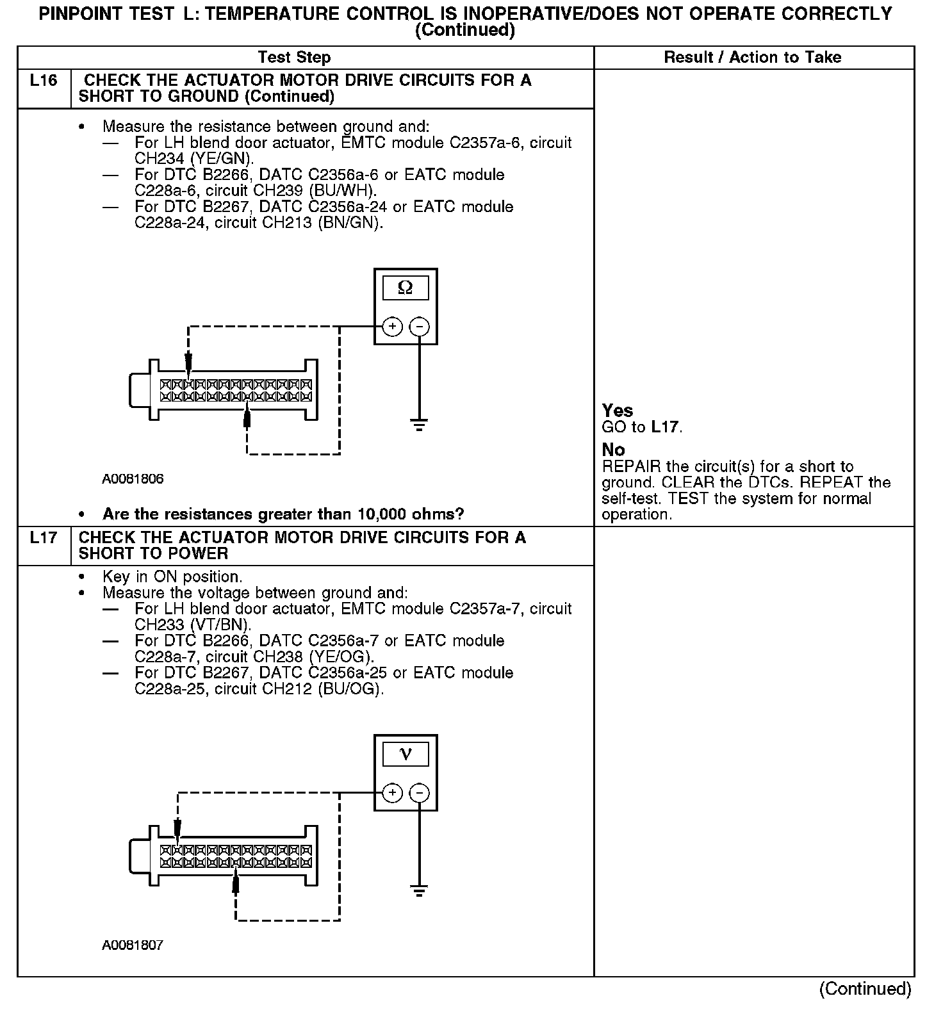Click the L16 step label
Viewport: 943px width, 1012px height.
pos(44,81)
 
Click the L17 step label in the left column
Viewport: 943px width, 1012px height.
pos(44,537)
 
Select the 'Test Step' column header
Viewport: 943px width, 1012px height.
pos(294,58)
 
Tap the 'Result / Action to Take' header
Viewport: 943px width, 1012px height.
pos(752,58)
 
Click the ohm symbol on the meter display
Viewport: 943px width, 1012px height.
pos(406,288)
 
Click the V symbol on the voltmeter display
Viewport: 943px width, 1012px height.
pos(406,754)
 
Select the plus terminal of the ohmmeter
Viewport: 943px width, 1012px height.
pos(392,327)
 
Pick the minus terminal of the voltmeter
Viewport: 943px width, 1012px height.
pos(419,793)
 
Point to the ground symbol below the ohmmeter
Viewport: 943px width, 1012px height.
pos(419,425)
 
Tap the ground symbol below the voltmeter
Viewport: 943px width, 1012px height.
pos(419,890)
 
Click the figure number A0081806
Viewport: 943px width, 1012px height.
pos(133,479)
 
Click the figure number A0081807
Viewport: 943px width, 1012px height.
pos(133,945)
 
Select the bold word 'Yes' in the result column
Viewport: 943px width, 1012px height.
pos(618,411)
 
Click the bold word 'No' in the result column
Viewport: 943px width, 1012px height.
pos(613,450)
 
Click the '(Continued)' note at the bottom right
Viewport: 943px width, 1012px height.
pos(865,988)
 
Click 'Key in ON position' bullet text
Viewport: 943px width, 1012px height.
pos(172,576)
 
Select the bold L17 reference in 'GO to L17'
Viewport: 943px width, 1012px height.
pos(666,427)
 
